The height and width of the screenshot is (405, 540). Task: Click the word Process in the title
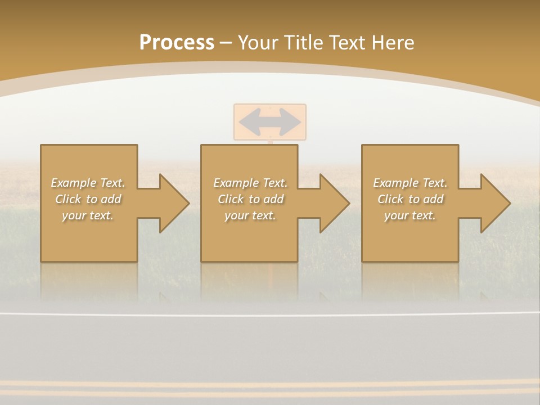177,43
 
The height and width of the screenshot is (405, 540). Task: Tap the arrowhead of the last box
495,203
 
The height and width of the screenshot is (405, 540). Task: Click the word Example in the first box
73,183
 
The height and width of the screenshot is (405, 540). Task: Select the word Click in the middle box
230,199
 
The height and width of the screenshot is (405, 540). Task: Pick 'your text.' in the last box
409,215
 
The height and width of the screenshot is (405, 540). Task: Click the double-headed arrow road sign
270,121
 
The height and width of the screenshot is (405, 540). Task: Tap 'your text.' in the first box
87,215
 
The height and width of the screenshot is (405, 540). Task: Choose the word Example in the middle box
236,183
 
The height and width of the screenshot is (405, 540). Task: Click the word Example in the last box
395,183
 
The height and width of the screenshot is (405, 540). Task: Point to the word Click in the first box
67,199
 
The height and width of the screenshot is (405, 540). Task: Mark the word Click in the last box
390,199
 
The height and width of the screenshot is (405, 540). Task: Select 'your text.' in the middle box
250,215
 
